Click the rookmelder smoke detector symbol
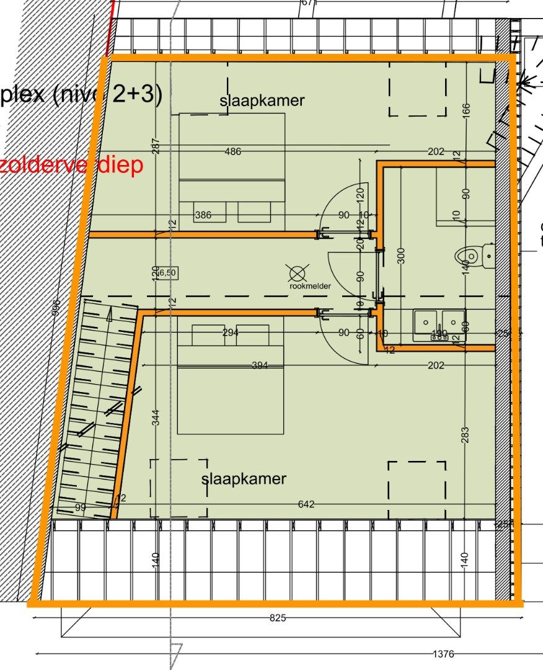pyautogui.click(x=298, y=272)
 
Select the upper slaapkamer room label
pyautogui.click(x=262, y=100)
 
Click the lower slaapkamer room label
pyautogui.click(x=244, y=478)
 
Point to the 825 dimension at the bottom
pyautogui.click(x=278, y=618)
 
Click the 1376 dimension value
pyautogui.click(x=443, y=654)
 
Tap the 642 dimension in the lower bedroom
pyautogui.click(x=306, y=504)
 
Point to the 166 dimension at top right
pyautogui.click(x=466, y=109)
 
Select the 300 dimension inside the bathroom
pyautogui.click(x=402, y=255)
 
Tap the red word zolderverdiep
pyautogui.click(x=71, y=165)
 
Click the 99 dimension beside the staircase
pyautogui.click(x=81, y=508)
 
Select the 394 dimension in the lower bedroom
pyautogui.click(x=260, y=365)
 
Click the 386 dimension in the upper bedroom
pyautogui.click(x=203, y=215)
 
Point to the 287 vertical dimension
pyautogui.click(x=156, y=146)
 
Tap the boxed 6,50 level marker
pyautogui.click(x=166, y=272)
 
